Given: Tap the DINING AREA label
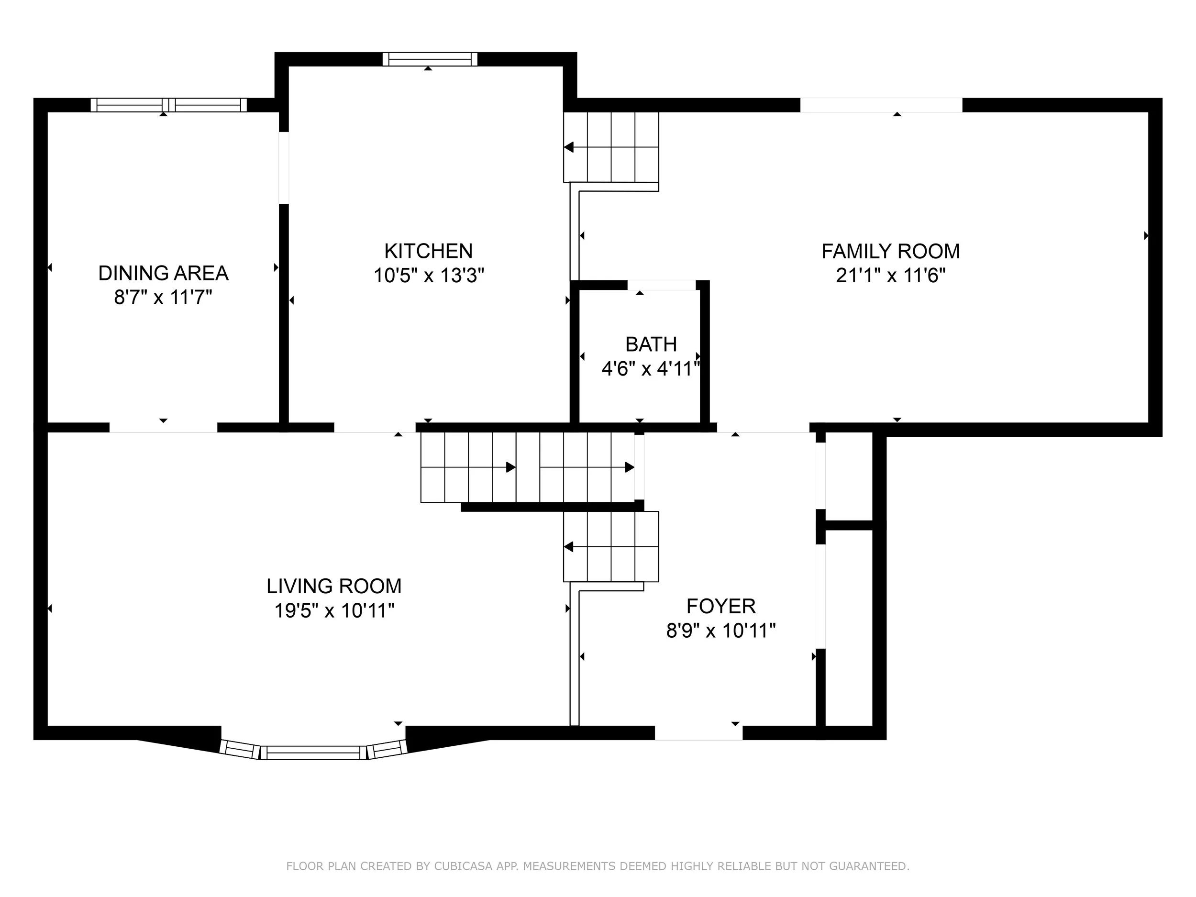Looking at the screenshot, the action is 163,273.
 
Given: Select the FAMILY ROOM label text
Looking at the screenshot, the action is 890,252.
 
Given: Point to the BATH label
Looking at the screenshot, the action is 651,344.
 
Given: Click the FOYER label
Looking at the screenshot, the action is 721,607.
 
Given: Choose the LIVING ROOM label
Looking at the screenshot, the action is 333,586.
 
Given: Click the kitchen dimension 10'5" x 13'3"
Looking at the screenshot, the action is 428,276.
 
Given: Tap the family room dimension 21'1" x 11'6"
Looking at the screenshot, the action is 890,276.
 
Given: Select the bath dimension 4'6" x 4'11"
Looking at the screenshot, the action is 651,369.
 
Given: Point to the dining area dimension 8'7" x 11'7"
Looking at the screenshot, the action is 163,298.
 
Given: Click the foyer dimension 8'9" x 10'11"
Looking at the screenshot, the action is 721,631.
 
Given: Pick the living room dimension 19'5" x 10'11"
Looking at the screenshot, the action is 333,611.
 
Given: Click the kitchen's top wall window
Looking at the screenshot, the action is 430,59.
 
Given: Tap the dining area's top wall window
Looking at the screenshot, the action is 169,105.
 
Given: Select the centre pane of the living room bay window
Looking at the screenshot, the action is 314,753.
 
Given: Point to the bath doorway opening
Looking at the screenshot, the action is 661,285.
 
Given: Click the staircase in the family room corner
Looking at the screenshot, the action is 611,147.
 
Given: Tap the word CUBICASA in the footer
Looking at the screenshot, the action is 464,866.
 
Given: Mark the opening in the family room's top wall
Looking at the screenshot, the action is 881,105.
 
